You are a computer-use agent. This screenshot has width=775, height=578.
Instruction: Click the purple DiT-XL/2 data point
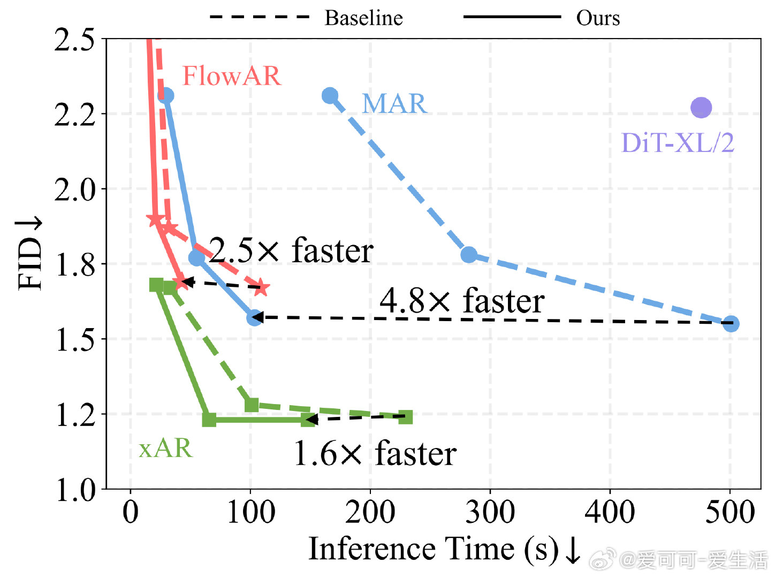701,108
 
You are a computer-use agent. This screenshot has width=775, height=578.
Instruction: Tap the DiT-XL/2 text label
677,143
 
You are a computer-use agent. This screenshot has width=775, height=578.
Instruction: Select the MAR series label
394,104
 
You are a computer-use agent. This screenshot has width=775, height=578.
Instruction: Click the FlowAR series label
231,76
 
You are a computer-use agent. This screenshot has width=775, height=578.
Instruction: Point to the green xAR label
165,448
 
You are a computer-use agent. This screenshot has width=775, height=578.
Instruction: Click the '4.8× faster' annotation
461,301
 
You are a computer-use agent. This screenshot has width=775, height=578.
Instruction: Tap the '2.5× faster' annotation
291,250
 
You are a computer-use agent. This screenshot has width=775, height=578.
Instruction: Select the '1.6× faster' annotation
375,454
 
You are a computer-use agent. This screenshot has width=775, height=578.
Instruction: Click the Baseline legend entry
363,18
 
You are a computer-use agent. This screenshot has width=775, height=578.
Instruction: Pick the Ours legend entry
597,18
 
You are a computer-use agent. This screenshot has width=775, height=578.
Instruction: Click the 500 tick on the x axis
730,512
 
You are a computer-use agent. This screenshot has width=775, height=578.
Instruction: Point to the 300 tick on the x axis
490,512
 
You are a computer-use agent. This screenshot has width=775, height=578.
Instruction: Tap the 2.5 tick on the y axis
75,40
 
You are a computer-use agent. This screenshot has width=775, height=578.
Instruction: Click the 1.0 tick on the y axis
75,489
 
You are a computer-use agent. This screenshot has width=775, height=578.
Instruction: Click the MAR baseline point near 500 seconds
731,324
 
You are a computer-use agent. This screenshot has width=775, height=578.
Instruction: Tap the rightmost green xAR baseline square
406,416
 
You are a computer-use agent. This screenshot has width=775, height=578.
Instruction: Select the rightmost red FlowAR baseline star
261,287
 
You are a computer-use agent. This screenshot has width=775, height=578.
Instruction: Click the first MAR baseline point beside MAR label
330,96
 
